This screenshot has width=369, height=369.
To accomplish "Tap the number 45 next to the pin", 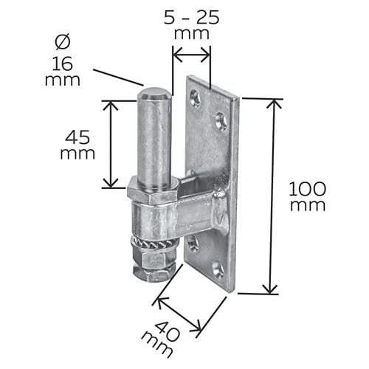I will [77, 137].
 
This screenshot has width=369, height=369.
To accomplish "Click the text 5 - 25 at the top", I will [190, 16].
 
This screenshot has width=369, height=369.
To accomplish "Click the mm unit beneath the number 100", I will [307, 205].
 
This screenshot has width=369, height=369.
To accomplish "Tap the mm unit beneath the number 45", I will [77, 154].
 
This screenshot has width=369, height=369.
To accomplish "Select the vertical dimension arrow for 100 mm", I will [273, 196].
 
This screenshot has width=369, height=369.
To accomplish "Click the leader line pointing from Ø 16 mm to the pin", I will [118, 75].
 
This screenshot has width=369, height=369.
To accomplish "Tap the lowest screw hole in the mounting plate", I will [217, 270].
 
